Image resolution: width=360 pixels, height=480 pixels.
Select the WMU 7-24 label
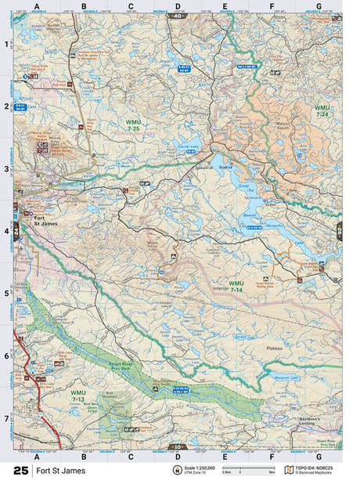click(x=322, y=110)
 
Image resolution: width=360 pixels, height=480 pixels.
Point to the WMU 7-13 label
click(x=77, y=395)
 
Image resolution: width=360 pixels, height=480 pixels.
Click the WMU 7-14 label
click(x=236, y=286)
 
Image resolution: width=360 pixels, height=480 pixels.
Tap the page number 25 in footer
click(x=20, y=470)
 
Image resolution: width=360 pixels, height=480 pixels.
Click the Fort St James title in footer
click(x=56, y=470)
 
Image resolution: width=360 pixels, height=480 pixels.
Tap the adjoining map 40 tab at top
click(x=178, y=15)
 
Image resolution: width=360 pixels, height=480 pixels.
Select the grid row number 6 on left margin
click(x=7, y=355)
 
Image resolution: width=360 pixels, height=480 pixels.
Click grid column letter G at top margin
click(x=319, y=6)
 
